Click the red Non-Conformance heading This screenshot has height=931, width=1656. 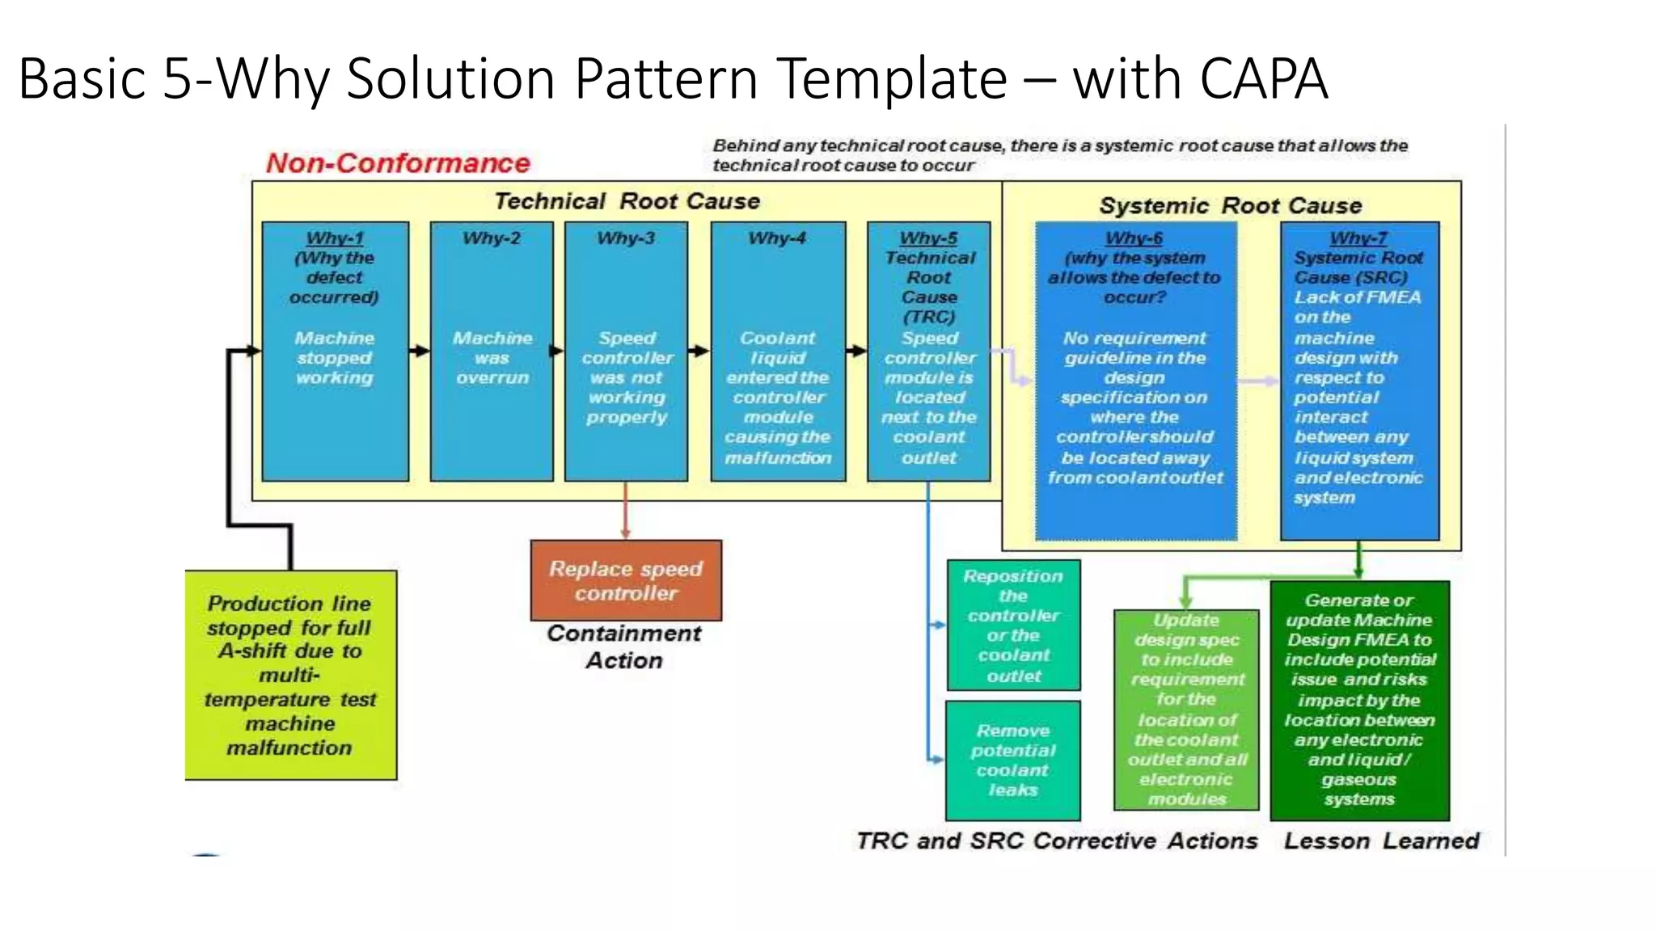[398, 163]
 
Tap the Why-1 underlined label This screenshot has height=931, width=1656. [335, 238]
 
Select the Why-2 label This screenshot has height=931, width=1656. [492, 238]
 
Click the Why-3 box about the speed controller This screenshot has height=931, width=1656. [627, 377]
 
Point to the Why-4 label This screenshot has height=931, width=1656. [777, 238]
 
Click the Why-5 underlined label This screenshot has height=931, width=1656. [928, 238]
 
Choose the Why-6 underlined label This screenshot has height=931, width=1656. [1134, 238]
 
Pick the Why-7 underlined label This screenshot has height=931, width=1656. [1358, 238]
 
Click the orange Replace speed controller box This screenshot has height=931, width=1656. [626, 580]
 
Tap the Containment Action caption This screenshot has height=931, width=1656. [624, 647]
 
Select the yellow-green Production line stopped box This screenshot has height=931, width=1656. [290, 675]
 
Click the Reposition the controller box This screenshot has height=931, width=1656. [1013, 626]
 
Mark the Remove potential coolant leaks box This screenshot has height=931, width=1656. [1013, 760]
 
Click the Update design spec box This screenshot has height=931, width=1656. [1186, 710]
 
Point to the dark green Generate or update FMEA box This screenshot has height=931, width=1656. [1359, 700]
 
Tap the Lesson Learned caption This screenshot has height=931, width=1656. [1381, 840]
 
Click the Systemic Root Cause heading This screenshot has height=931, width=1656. [1230, 205]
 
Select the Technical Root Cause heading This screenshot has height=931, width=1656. [627, 201]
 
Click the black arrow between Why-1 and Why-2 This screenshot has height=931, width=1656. [419, 351]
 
